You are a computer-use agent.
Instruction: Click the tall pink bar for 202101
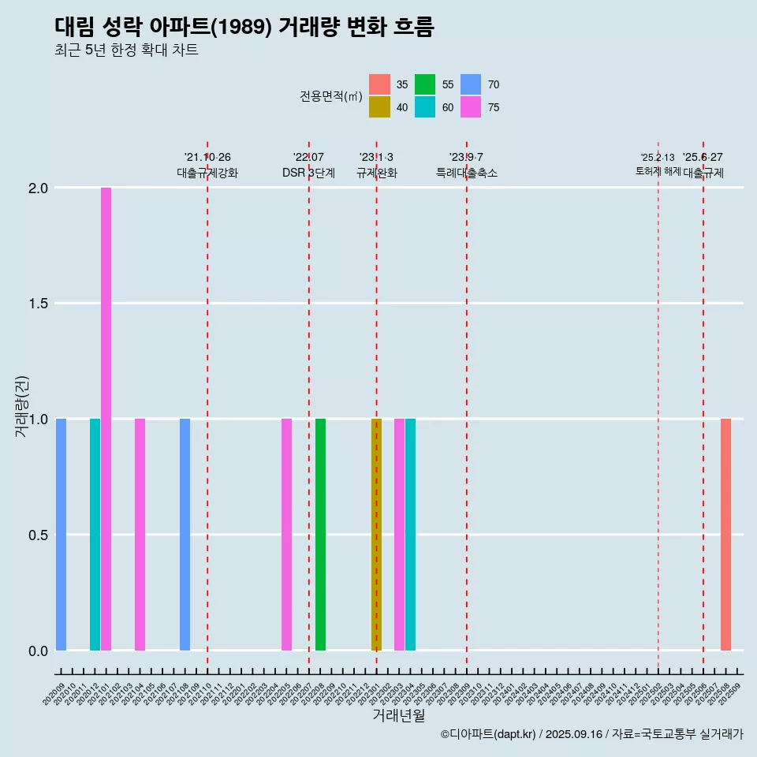tap(106, 419)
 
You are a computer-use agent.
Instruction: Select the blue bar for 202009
tap(61, 535)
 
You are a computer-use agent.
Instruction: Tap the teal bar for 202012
tap(95, 535)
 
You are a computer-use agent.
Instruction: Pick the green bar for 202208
tap(320, 535)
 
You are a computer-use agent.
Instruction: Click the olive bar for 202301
tap(376, 535)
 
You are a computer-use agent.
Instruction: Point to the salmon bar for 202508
tap(725, 535)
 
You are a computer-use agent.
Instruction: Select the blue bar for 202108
tap(185, 535)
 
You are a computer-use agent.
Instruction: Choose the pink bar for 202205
tap(286, 535)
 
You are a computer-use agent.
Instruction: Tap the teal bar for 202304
tap(410, 535)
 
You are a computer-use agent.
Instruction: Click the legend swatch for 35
tap(379, 84)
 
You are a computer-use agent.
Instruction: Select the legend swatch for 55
tap(425, 84)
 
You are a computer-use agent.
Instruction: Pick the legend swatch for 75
tap(471, 107)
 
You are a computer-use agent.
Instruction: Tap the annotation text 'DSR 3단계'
tap(308, 173)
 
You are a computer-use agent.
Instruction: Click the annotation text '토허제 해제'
tap(658, 171)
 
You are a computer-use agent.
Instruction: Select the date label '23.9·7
tap(466, 158)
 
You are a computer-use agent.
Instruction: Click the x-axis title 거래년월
tap(398, 715)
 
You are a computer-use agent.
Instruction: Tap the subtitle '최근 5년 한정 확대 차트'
tap(126, 50)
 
